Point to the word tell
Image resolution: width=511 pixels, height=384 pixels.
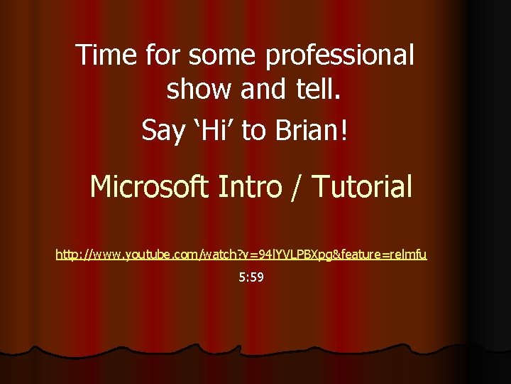[322, 90]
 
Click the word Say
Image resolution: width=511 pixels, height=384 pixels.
[162, 131]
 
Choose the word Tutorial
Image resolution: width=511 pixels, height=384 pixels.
[362, 187]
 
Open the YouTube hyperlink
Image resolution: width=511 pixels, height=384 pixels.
[241, 254]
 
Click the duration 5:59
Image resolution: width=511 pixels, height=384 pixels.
[251, 277]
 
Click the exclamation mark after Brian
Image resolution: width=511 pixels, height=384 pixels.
[344, 130]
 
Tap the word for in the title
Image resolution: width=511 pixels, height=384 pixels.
[162, 55]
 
